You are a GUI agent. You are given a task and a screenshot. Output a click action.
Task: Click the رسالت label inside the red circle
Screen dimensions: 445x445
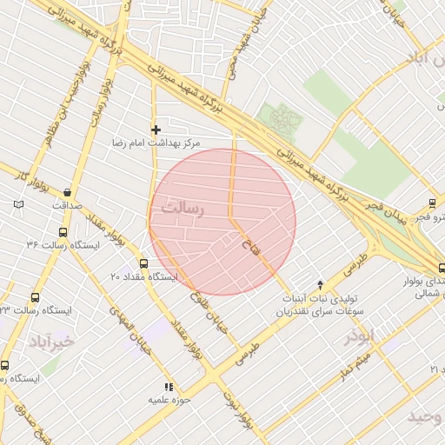click(x=183, y=209)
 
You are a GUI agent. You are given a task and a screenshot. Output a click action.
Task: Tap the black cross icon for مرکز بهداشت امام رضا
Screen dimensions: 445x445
click(x=156, y=130)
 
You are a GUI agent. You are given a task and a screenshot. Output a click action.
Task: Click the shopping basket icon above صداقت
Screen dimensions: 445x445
click(x=68, y=193)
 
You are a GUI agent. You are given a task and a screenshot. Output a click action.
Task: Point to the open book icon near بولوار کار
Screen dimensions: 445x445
click(x=19, y=205)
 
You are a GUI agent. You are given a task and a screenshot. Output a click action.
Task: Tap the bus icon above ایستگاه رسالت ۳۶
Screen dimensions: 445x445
click(x=62, y=232)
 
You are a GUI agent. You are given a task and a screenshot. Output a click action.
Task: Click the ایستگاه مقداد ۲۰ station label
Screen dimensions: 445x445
click(x=143, y=276)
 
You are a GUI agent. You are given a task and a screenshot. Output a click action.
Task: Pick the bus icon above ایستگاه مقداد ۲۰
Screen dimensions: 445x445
click(x=143, y=263)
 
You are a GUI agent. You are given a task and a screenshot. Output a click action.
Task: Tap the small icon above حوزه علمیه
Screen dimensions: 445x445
click(x=169, y=387)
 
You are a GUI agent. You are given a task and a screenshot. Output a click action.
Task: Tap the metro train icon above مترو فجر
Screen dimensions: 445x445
click(x=432, y=203)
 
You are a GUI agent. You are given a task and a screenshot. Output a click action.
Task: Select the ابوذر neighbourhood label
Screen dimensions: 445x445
click(x=357, y=336)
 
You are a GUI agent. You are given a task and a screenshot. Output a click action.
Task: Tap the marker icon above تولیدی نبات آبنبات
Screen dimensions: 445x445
click(x=321, y=284)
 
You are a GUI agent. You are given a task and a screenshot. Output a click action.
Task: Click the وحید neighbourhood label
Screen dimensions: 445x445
click(x=425, y=417)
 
